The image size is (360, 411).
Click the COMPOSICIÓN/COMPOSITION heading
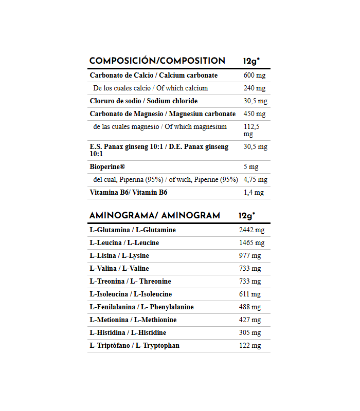coord(157,61)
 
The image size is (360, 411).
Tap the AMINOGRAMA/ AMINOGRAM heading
coord(154,216)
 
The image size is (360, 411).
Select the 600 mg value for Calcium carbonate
coord(254,76)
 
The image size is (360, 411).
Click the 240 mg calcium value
coord(254,88)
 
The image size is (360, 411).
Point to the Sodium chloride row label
coord(143,101)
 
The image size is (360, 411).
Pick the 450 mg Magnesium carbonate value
coord(254,114)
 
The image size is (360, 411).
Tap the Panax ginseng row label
coord(159,150)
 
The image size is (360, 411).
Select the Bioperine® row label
coord(107,167)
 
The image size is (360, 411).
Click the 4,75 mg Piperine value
coord(255,180)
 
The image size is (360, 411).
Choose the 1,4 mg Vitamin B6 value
coord(253,193)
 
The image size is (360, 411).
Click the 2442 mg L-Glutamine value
coord(251,230)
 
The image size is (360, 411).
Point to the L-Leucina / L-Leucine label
coord(124,243)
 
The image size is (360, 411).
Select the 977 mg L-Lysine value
coord(250,256)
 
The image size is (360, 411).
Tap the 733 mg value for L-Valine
coord(250,269)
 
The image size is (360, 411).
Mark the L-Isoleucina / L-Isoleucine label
coord(131,294)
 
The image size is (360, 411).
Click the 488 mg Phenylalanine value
coord(250,307)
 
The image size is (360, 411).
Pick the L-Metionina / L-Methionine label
coord(133,320)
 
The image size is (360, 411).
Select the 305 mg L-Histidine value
coord(250,333)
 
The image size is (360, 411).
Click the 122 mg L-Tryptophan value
coord(250,346)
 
